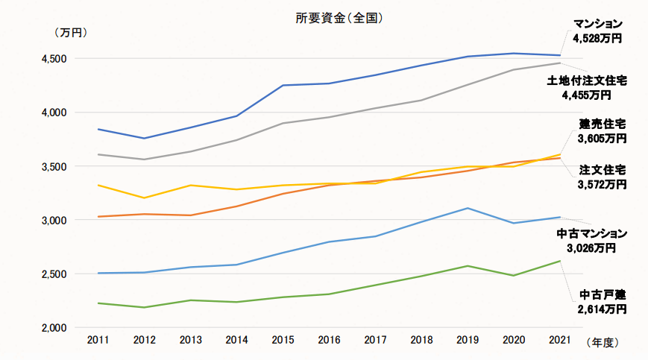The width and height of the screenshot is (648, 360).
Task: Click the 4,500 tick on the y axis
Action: (x=53, y=59)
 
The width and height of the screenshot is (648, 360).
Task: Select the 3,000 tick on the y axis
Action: (x=53, y=221)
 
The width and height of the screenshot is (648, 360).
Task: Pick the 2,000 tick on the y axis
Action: (x=53, y=328)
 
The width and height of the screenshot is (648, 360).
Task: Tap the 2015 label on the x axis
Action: (x=283, y=341)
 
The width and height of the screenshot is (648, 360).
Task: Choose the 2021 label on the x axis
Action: (x=560, y=341)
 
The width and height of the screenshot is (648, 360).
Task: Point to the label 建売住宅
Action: (x=603, y=124)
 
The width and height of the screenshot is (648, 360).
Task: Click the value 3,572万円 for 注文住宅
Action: (x=602, y=184)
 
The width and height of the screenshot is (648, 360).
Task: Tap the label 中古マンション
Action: (x=592, y=234)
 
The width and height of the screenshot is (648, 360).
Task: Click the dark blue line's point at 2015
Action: (x=283, y=86)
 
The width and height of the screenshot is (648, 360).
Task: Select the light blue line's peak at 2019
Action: (x=468, y=208)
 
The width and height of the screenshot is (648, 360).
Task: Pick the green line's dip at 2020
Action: (x=514, y=276)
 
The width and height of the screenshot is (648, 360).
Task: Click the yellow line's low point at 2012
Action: (x=144, y=198)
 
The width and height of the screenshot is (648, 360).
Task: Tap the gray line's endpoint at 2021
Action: (x=560, y=63)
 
